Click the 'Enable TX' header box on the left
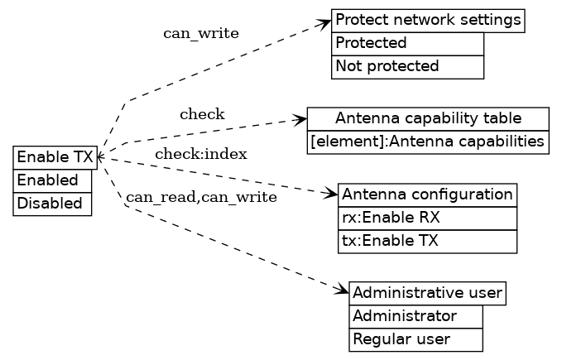tap(55, 157)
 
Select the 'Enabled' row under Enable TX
tap(52, 180)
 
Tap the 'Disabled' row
tap(52, 204)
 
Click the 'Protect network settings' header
tap(428, 20)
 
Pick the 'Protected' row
tap(407, 43)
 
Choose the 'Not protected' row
tap(407, 66)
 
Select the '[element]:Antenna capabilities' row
tap(428, 142)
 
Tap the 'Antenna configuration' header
tap(427, 194)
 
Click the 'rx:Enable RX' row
tap(427, 218)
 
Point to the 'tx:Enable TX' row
tap(427, 242)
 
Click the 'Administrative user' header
tap(427, 293)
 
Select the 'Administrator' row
tap(415, 316)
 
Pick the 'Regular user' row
tap(415, 339)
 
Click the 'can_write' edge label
tap(201, 34)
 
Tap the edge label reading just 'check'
tap(202, 114)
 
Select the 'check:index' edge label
tap(201, 154)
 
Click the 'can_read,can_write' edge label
tap(201, 197)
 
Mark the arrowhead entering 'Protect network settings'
tap(326, 22)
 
